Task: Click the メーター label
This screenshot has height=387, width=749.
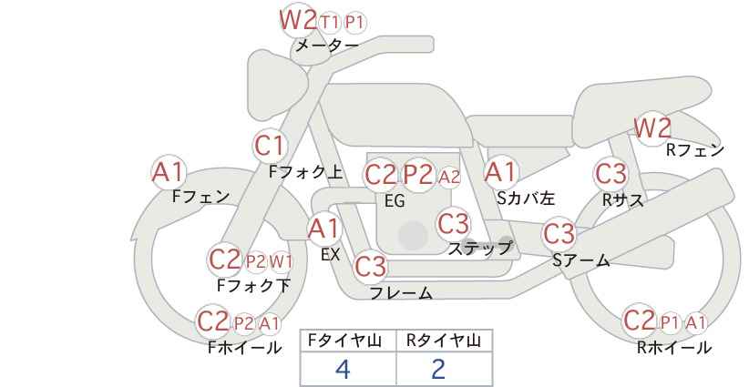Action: pyautogui.click(x=327, y=46)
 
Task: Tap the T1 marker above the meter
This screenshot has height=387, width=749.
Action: pyautogui.click(x=330, y=22)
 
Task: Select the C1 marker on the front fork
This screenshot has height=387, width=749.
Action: pyautogui.click(x=270, y=146)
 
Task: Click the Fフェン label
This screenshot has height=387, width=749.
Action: pyautogui.click(x=201, y=197)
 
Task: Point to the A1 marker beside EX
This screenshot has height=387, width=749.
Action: pyautogui.click(x=323, y=229)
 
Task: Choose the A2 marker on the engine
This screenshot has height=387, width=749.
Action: pyautogui.click(x=449, y=177)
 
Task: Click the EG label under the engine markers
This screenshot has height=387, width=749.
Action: pyautogui.click(x=395, y=201)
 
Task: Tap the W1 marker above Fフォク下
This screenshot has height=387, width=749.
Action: pyautogui.click(x=281, y=261)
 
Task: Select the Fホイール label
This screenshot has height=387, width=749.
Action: pyautogui.click(x=244, y=348)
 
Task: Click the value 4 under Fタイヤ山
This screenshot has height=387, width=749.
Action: pyautogui.click(x=343, y=369)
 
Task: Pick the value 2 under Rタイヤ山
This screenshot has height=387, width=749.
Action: pyautogui.click(x=438, y=369)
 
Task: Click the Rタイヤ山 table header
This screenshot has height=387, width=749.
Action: pyautogui.click(x=444, y=341)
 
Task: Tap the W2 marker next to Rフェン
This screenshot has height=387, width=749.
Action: pyautogui.click(x=652, y=127)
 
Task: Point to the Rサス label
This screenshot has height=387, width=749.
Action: pyautogui.click(x=622, y=200)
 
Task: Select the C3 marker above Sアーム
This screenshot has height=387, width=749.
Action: pyautogui.click(x=559, y=234)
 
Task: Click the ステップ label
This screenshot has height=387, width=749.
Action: pyautogui.click(x=479, y=249)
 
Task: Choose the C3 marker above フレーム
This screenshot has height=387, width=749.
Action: pyautogui.click(x=371, y=266)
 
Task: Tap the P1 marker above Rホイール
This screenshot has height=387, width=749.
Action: pyautogui.click(x=671, y=323)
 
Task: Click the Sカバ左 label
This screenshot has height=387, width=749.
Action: pyautogui.click(x=526, y=198)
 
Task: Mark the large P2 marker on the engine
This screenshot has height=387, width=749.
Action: pyautogui.click(x=418, y=175)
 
